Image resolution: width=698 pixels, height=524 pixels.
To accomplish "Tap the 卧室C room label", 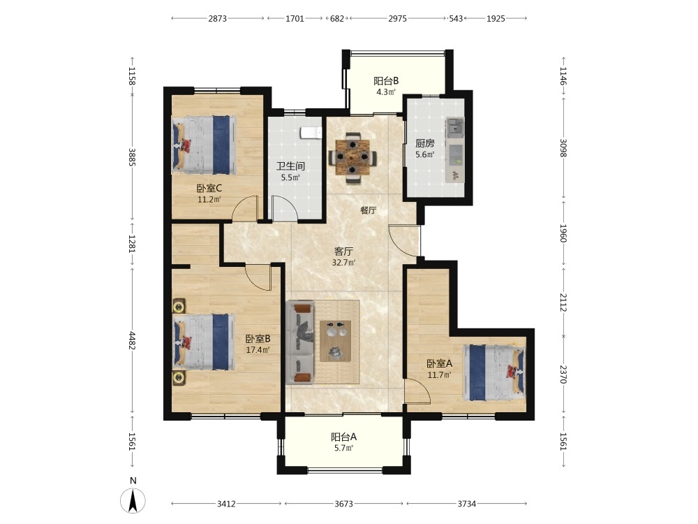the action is pos(209,189).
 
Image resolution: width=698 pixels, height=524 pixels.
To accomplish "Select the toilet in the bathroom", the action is pos(311,133).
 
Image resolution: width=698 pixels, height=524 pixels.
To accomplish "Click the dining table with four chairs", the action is pos(352,158).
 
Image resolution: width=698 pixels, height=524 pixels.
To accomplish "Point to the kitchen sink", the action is pos(454,127).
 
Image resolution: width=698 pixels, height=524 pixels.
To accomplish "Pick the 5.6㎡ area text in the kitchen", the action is pos(424,155).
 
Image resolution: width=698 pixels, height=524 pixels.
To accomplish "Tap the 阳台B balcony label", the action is pos(386,80).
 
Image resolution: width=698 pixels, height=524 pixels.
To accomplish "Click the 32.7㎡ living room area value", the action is pos(343,263).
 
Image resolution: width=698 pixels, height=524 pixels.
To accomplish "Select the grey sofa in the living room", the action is pos(300,342).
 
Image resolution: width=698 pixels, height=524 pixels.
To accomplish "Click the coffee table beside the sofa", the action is pos(335,341).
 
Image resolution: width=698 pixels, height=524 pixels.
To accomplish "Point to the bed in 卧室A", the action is pos(494,372).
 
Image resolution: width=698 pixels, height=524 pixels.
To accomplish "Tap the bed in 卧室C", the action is pos(204,145).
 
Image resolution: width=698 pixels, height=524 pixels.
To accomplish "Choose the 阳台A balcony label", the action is pos(343,437).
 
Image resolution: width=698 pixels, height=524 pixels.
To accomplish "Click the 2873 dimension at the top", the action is pos(217,18).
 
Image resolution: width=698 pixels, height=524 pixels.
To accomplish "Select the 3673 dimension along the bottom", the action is pos(343,504).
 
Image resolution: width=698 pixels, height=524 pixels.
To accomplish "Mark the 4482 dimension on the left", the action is pos(132,340).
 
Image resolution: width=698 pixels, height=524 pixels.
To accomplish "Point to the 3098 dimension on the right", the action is pos(563,148).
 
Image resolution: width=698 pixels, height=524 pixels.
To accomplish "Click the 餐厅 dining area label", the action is pos(368,210).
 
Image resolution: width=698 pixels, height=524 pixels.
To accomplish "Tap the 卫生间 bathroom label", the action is pos(290,166).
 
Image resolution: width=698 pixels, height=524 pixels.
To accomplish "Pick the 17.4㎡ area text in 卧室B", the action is pos(258,350).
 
